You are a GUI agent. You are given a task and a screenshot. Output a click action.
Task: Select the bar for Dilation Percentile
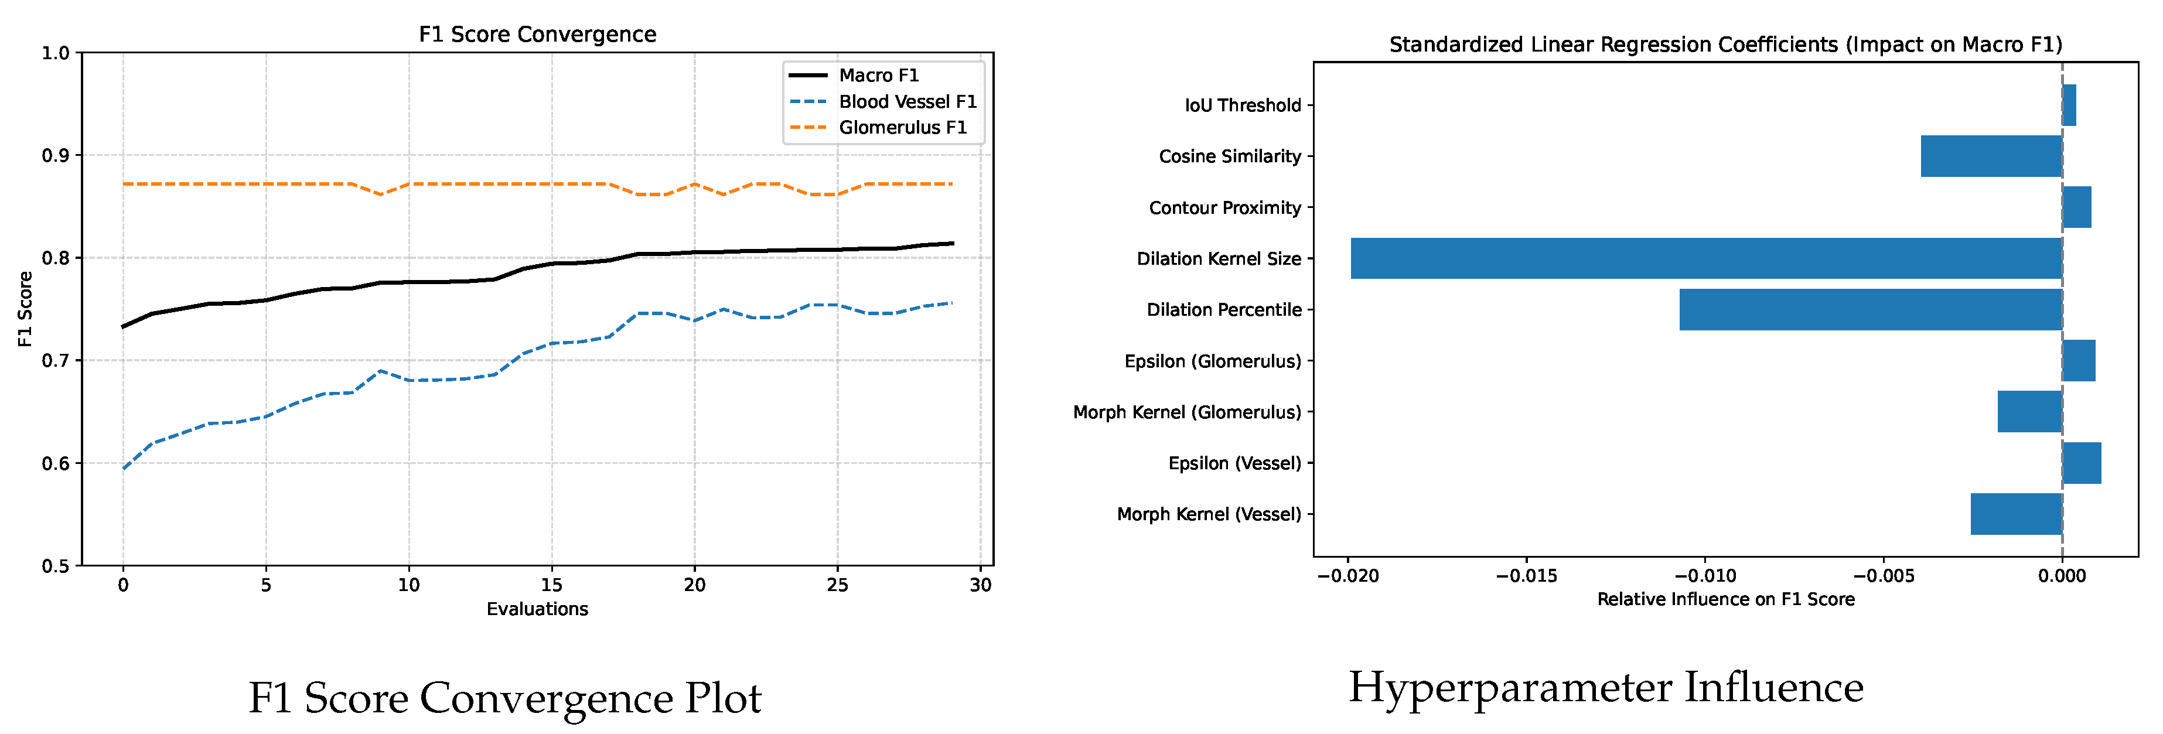tap(1870, 310)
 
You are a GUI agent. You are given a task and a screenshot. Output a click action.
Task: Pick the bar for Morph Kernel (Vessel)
tap(2016, 514)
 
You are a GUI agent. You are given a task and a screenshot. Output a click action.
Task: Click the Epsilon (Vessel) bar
tap(2082, 463)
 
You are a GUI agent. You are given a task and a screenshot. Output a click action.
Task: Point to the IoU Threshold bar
tap(2069, 105)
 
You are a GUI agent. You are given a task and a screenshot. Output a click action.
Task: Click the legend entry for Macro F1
tap(878, 76)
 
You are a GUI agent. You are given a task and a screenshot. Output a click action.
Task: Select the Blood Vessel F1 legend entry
tap(907, 101)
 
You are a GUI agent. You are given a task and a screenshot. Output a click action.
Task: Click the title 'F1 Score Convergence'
tap(537, 35)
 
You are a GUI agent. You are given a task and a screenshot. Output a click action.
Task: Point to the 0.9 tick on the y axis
tap(56, 155)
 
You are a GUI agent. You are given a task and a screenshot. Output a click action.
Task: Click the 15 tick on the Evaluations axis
tap(552, 585)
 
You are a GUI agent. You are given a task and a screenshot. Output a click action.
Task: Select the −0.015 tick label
tap(1527, 576)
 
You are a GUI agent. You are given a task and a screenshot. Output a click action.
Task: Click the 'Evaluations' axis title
tap(537, 609)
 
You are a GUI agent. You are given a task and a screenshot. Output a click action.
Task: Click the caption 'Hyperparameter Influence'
tap(1605, 688)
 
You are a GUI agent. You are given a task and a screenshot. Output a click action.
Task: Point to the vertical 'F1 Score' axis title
tap(25, 309)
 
